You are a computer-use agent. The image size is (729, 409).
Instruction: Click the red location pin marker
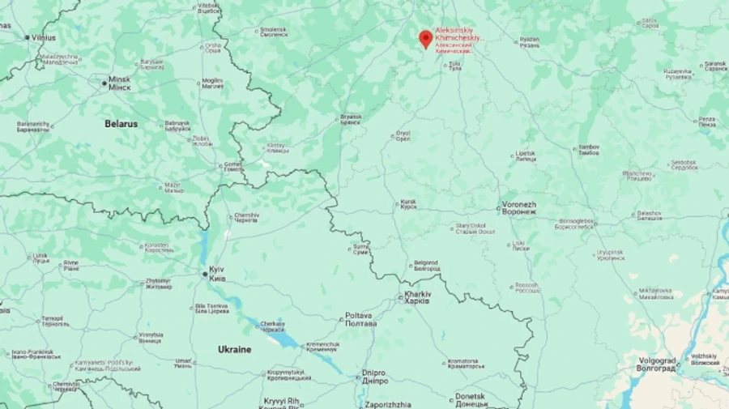(x=424, y=38)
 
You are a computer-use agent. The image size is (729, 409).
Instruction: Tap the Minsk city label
(x=119, y=83)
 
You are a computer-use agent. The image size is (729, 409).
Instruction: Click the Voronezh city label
(x=519, y=207)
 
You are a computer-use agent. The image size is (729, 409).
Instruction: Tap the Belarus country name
(x=121, y=124)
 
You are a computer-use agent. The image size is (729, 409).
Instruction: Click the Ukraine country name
(x=234, y=349)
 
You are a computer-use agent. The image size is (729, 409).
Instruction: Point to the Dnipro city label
(x=374, y=377)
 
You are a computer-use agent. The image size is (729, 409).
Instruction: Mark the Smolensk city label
(x=274, y=32)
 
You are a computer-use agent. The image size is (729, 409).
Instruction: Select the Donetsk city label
(x=471, y=399)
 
